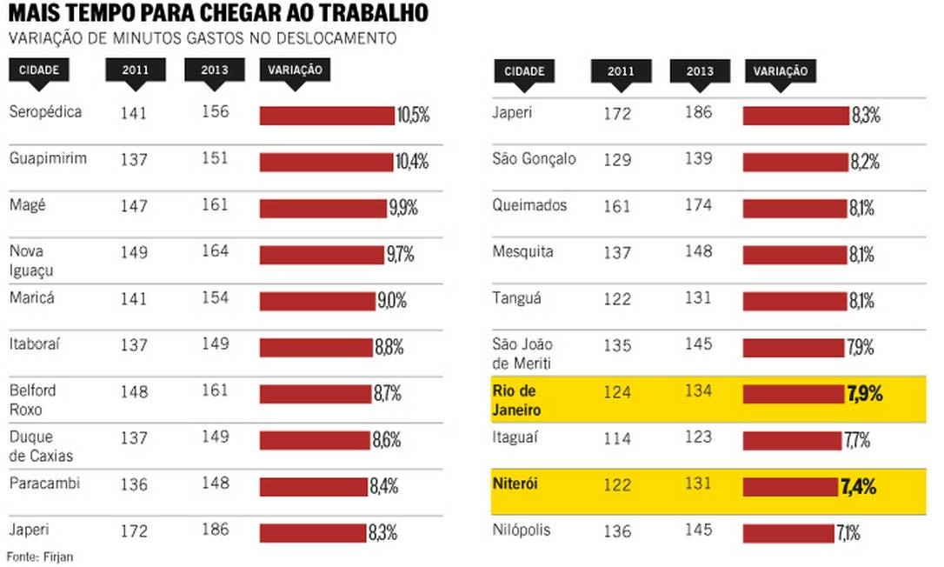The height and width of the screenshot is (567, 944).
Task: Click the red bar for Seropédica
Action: coord(327,116)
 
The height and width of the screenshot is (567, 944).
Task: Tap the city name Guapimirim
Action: coord(48,158)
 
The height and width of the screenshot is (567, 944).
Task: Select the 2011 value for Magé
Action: coord(135,206)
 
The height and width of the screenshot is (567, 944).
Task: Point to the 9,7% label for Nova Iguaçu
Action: coord(401,254)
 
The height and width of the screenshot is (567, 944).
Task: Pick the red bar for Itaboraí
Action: coord(316,348)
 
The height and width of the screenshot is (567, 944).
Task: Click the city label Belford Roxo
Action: coord(31,399)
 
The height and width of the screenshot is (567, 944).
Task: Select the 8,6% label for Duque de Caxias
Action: coord(387,440)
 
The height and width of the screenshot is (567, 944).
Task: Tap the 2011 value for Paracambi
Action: coord(135,484)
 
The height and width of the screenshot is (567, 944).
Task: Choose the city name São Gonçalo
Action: coord(534,159)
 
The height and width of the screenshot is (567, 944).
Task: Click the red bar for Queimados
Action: coord(794,209)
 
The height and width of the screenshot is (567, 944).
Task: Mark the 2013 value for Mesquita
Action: coord(698,253)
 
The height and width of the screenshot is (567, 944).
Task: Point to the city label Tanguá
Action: coord(516,298)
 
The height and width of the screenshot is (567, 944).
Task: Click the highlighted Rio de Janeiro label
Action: coord(516,399)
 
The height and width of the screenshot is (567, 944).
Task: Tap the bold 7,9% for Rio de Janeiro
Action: coord(864,394)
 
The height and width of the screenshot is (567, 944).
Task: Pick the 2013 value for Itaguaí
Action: coord(698,437)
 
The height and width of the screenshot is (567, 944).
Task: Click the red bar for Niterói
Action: coord(790,486)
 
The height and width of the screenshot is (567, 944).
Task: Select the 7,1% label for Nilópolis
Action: coord(849,533)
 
